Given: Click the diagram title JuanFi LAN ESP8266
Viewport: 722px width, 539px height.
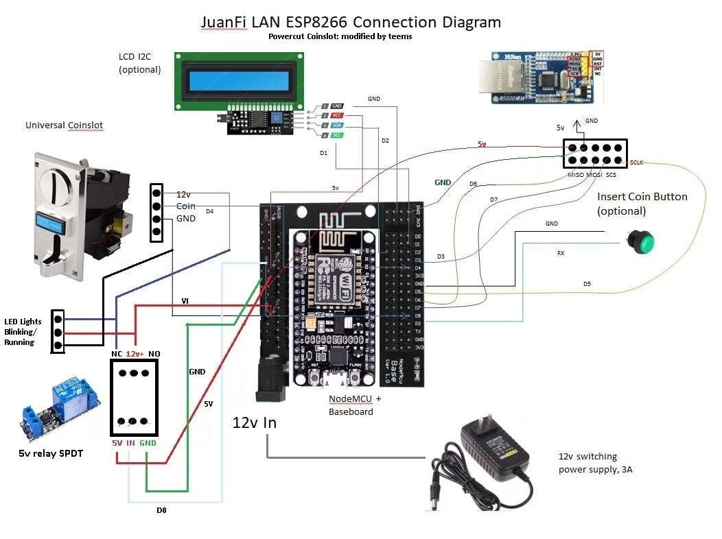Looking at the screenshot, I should (x=351, y=22).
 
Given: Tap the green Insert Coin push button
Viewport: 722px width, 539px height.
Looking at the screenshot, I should (x=641, y=241).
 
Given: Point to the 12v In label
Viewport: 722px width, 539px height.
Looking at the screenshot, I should (x=254, y=422).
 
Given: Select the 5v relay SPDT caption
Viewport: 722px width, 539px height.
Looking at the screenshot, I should (x=51, y=453).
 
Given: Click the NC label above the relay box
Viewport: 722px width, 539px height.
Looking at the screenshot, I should (x=117, y=353).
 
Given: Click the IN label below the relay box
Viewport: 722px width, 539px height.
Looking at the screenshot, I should (x=130, y=444).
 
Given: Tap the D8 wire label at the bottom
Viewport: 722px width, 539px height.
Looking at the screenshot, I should (x=161, y=510).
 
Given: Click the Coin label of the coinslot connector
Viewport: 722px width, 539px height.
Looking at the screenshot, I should (x=185, y=206).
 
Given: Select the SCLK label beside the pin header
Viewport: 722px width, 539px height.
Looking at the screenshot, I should (x=636, y=163).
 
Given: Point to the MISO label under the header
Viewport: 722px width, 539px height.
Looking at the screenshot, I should (x=576, y=175).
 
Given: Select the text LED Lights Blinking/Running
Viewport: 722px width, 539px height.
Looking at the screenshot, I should (x=23, y=332).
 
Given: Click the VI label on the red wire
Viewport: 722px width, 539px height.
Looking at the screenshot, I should (x=185, y=300).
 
